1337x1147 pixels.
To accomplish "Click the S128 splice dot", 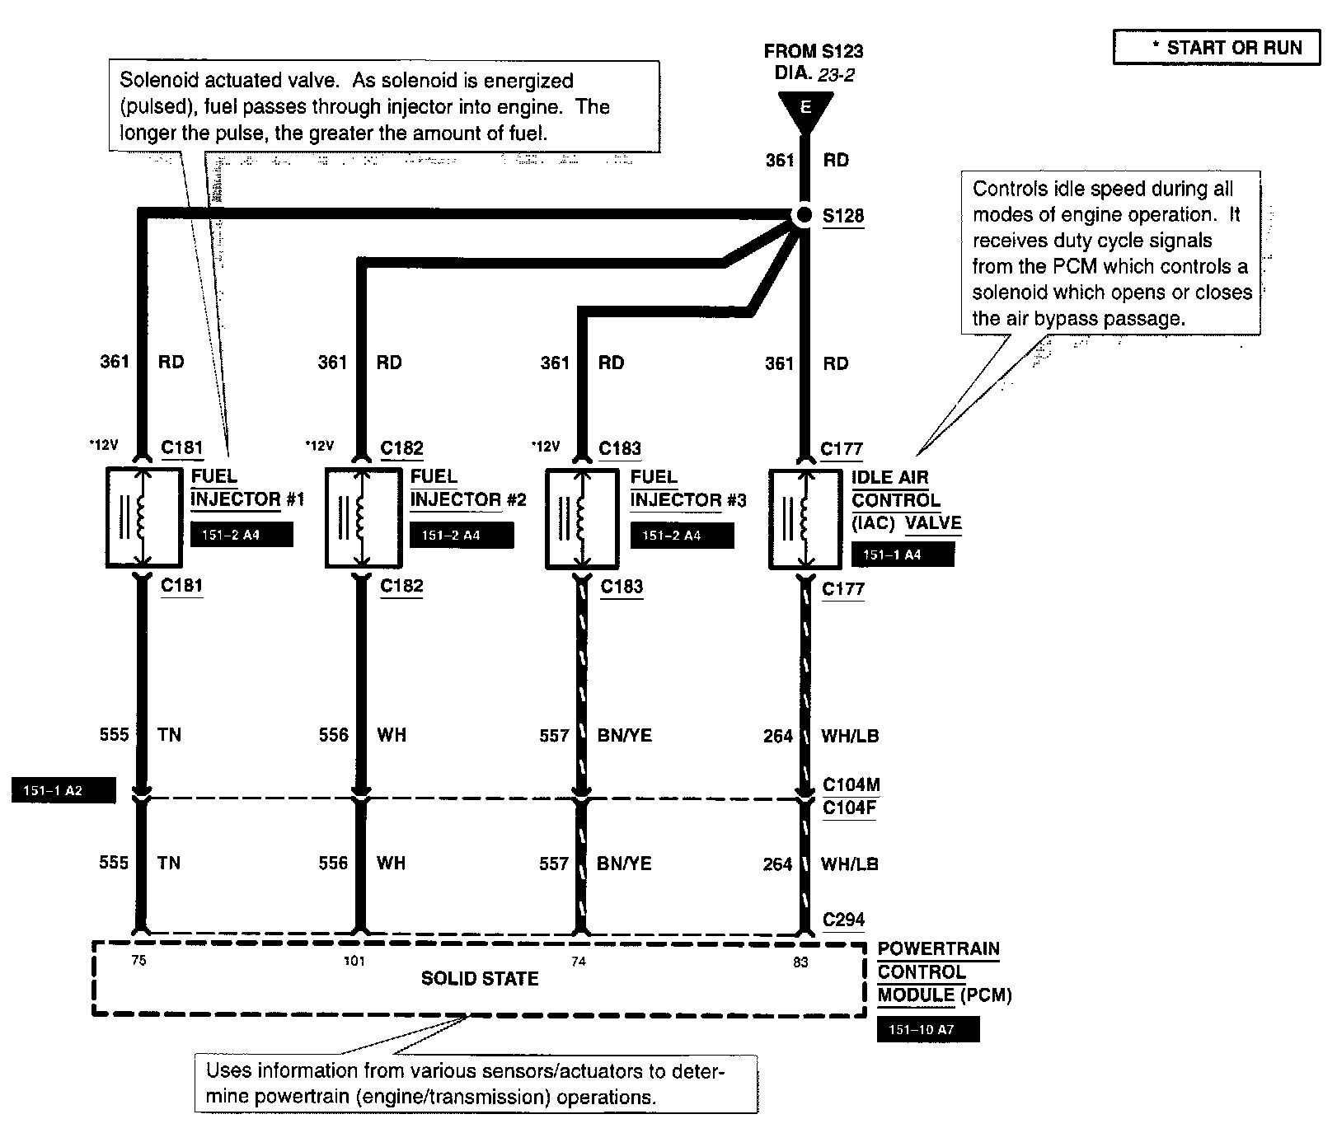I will [805, 216].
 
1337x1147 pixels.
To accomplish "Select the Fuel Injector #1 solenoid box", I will [143, 517].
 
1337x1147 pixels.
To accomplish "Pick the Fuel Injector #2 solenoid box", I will [363, 517].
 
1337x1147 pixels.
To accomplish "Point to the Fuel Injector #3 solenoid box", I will [583, 518].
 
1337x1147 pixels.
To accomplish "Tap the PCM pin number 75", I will [138, 960].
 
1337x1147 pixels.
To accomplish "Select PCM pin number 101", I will [354, 961].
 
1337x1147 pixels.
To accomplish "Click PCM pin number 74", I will [579, 961].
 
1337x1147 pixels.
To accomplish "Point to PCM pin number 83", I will [800, 962].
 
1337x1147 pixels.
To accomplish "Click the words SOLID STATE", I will [480, 979].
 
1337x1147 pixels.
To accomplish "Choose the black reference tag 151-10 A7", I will [928, 1030].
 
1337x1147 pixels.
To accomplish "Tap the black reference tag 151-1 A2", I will [63, 791].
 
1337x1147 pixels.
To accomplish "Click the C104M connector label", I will [851, 784].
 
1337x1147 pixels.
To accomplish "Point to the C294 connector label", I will [844, 920].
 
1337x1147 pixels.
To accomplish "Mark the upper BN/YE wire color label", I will [625, 735].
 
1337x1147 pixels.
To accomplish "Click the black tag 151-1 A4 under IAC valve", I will [903, 555].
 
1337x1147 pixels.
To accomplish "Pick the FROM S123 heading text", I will [813, 51].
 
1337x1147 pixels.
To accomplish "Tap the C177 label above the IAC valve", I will [842, 449].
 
